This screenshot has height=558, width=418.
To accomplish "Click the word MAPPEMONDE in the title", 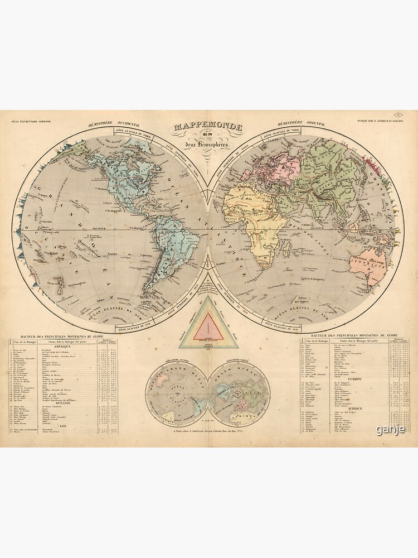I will pos(208,128).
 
